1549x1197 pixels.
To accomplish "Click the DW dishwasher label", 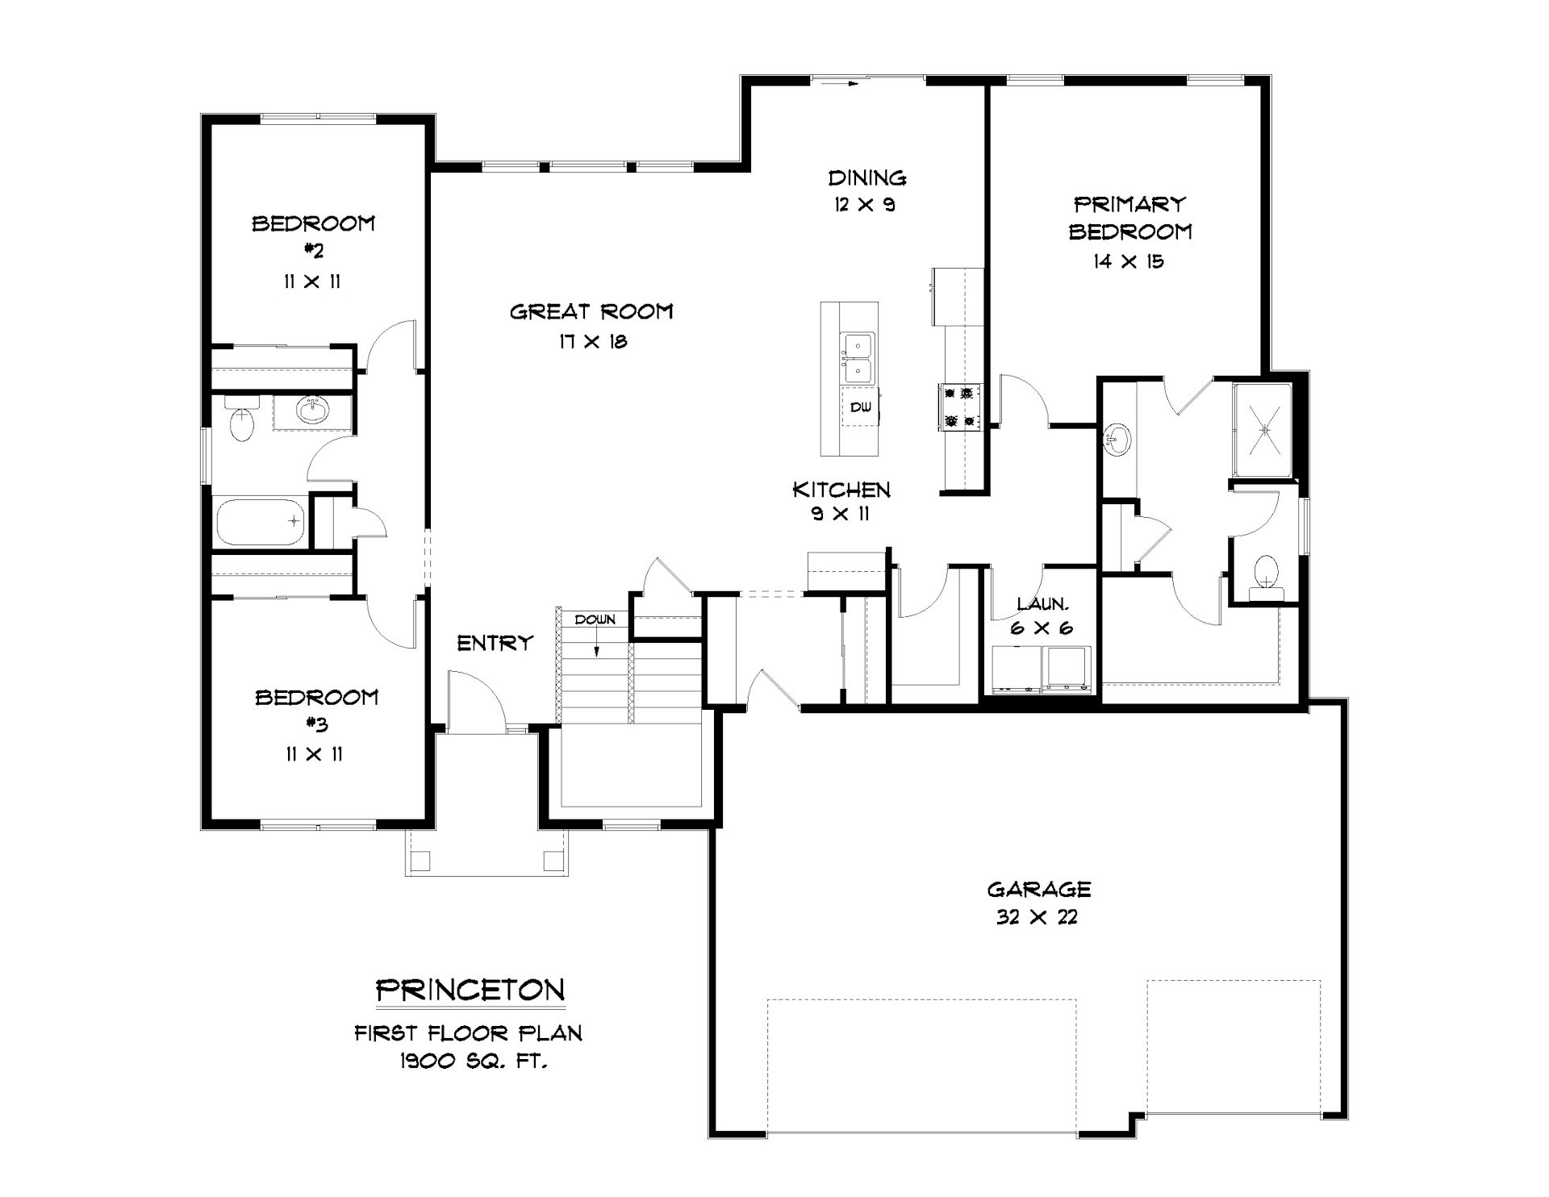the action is pyautogui.click(x=861, y=407).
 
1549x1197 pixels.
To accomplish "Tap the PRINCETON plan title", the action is pyautogui.click(x=471, y=990).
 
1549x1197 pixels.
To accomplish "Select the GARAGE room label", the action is pyautogui.click(x=1039, y=889).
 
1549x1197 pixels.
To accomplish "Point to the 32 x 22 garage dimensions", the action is pyautogui.click(x=1038, y=917).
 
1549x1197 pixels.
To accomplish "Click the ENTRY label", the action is pyautogui.click(x=495, y=643).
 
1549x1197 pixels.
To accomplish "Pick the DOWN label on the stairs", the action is pyautogui.click(x=595, y=619).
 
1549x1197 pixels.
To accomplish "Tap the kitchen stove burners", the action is pyautogui.click(x=960, y=407).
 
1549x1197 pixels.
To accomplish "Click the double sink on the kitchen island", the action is pyautogui.click(x=857, y=358).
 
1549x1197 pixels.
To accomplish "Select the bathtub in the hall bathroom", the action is pyautogui.click(x=260, y=522).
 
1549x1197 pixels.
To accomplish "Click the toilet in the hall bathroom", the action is pyautogui.click(x=241, y=419).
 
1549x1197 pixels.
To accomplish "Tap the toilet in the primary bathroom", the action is pyautogui.click(x=1265, y=578).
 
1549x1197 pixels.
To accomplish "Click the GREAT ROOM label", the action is pyautogui.click(x=591, y=311).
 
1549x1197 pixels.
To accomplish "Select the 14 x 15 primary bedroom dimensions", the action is pyautogui.click(x=1129, y=261).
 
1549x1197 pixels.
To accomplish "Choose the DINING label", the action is pyautogui.click(x=867, y=177).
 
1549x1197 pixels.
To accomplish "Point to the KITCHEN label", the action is pyautogui.click(x=841, y=490).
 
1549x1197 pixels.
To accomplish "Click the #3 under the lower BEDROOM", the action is pyautogui.click(x=317, y=725).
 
